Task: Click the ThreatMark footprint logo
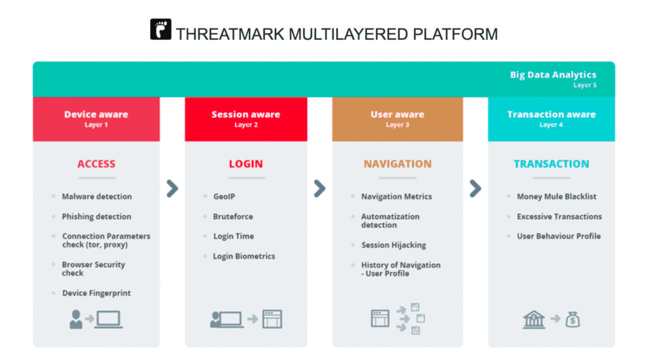(160, 29)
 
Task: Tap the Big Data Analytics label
(553, 75)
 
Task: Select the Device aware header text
(96, 114)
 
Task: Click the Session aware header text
(246, 114)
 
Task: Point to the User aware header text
(397, 114)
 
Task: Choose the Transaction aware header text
(551, 114)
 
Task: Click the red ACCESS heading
(96, 164)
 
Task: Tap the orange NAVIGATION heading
(397, 164)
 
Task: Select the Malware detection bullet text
(97, 196)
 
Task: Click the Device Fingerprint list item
(97, 293)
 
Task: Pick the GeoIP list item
(224, 196)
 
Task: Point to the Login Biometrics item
(244, 256)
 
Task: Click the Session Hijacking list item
(394, 245)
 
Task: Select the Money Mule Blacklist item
(557, 196)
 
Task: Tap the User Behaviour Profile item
(559, 236)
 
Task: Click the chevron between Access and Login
(172, 188)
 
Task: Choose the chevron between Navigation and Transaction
(475, 188)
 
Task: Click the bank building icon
(534, 319)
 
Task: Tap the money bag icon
(572, 320)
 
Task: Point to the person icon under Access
(76, 319)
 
